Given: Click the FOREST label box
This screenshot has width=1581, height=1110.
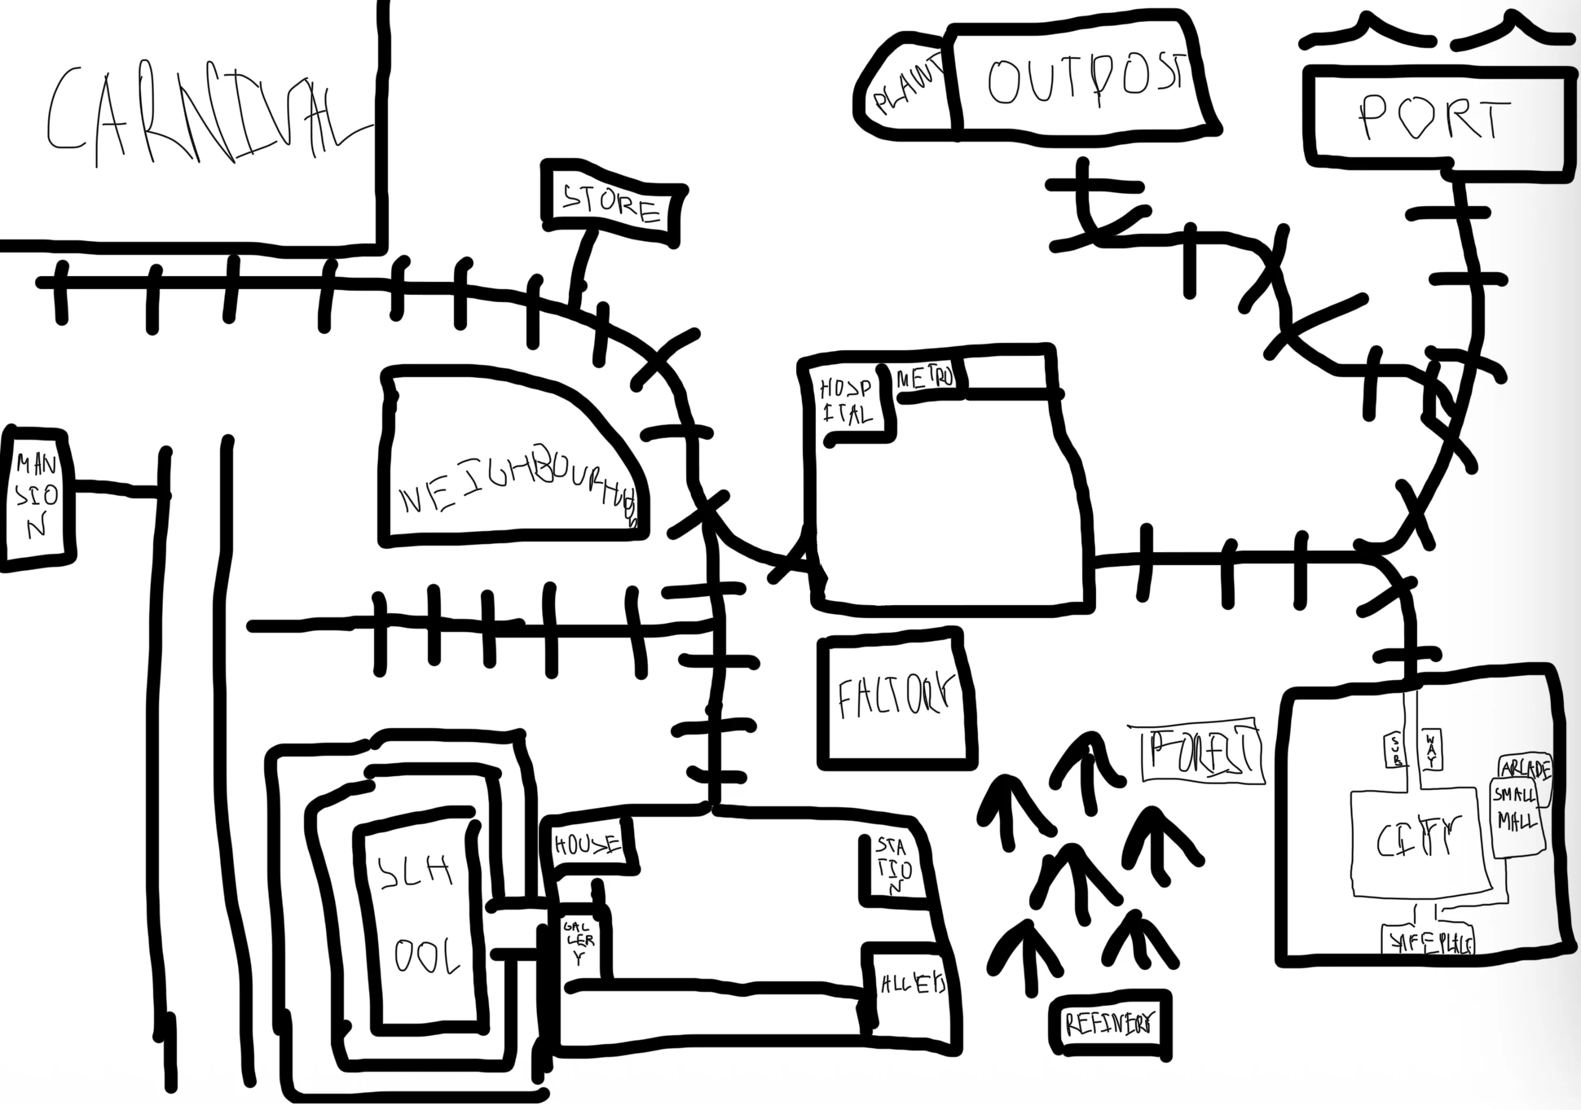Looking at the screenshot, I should (1203, 751).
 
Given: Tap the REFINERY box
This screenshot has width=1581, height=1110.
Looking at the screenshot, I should (1110, 1024).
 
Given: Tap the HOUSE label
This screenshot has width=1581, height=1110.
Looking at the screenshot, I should (587, 845).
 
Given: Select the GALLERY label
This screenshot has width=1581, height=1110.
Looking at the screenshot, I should (579, 943).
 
